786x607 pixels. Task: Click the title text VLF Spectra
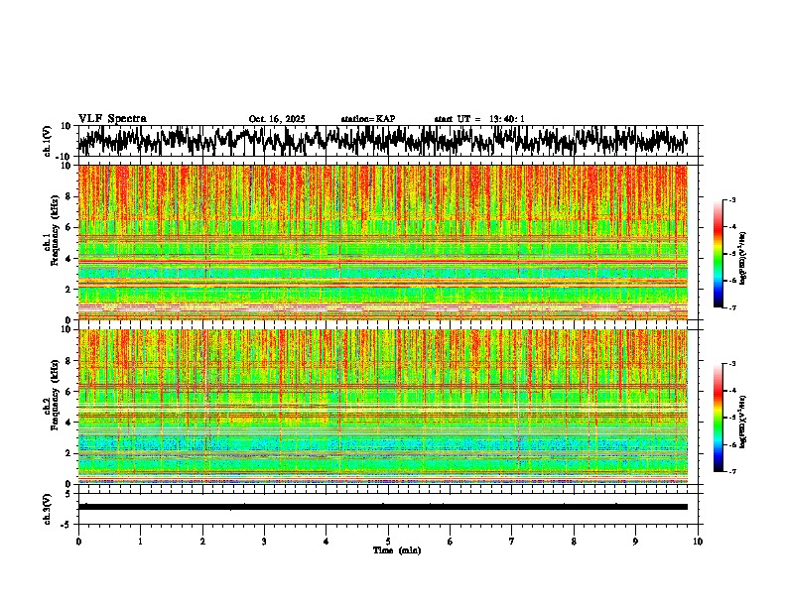[x=112, y=118]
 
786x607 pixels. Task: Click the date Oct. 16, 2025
[x=277, y=119]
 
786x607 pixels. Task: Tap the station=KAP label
[x=367, y=119]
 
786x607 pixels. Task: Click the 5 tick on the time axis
[x=388, y=542]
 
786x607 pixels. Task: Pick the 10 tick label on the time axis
[x=698, y=542]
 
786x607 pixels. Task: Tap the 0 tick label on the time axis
[x=78, y=542]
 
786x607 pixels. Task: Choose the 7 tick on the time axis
[x=512, y=542]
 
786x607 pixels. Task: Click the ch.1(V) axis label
[x=47, y=141]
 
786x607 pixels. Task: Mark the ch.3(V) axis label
[x=47, y=506]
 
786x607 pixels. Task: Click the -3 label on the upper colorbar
[x=731, y=200]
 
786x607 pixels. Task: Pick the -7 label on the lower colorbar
[x=731, y=472]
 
